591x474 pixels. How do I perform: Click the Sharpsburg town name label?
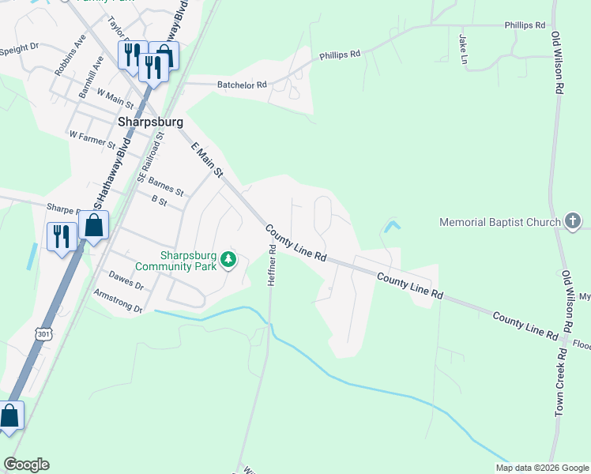click(x=150, y=122)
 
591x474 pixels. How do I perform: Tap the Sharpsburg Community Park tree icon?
click(x=228, y=259)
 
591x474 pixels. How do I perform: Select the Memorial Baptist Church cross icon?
click(x=574, y=223)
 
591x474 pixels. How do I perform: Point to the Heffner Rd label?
click(x=271, y=265)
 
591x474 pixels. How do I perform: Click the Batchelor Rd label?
click(x=241, y=85)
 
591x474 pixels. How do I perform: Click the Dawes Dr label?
click(x=126, y=280)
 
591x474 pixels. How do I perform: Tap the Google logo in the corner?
click(x=26, y=465)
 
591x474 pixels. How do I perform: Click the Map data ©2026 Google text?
click(x=541, y=468)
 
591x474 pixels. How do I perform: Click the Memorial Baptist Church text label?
click(x=499, y=223)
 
